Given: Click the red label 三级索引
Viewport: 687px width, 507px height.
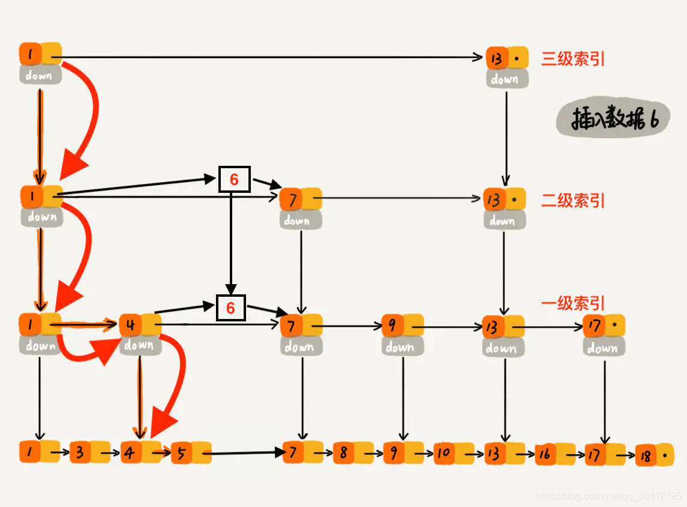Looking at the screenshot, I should (x=573, y=59).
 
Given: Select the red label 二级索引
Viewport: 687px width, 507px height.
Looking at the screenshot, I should (x=573, y=200).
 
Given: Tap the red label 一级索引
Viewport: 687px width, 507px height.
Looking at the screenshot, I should (x=573, y=303).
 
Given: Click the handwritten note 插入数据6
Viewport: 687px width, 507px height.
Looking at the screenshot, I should (x=608, y=120).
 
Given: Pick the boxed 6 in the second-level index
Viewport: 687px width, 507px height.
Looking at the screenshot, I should (x=234, y=180).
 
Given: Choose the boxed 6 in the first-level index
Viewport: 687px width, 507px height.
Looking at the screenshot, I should (x=230, y=308).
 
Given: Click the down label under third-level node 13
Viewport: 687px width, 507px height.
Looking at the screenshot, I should (x=505, y=79).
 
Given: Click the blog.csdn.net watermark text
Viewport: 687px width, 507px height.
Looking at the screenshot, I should (x=608, y=496).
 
